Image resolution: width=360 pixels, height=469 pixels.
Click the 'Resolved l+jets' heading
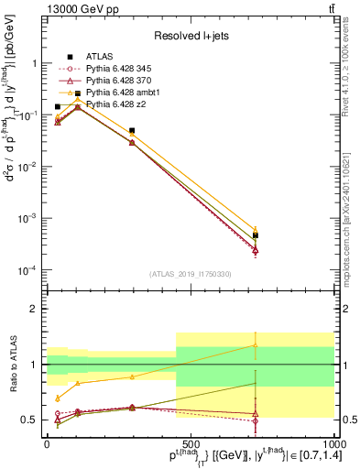188,37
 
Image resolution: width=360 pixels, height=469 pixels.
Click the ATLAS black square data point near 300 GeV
132,131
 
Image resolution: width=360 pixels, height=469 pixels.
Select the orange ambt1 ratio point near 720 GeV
255,345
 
